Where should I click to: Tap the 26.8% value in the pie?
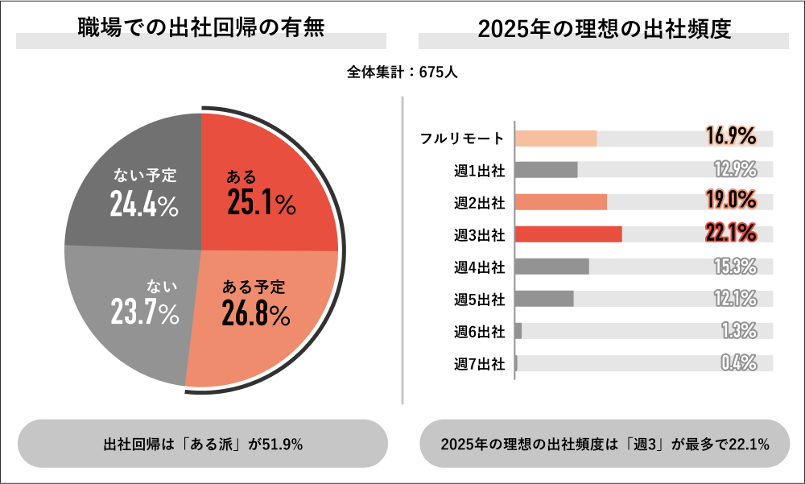point(255,314)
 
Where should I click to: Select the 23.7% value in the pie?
point(145,314)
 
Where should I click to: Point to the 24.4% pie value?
point(144,205)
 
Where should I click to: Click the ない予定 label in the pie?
point(145,175)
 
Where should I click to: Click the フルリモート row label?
point(463,138)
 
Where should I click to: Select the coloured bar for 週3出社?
point(568,234)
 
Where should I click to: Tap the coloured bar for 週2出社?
point(560,202)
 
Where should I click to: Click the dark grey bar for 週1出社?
point(546,170)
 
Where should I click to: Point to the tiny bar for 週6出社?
point(518,331)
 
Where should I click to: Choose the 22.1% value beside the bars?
point(731,234)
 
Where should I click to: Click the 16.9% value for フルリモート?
point(731,137)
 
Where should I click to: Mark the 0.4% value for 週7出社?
point(738,362)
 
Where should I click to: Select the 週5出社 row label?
point(479,300)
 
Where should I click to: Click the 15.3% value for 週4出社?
point(735,266)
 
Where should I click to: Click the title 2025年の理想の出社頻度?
point(604,29)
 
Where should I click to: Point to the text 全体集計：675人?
point(402,72)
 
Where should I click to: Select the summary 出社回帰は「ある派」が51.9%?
point(203,444)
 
